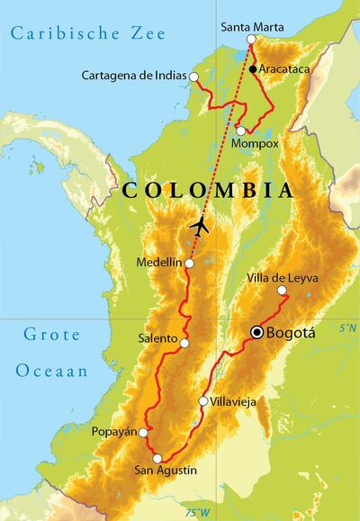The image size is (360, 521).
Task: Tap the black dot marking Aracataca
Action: coord(255,69)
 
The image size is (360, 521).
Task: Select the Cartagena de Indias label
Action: coord(135,75)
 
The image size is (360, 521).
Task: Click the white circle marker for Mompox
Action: coord(240,131)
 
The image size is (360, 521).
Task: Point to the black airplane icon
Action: coord(200,226)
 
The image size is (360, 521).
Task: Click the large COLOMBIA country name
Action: coord(207,191)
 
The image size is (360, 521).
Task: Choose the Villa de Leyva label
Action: coord(283,278)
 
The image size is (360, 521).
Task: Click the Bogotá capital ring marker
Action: coord(257,332)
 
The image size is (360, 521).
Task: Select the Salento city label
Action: coord(158,339)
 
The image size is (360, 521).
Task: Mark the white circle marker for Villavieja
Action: coord(203,401)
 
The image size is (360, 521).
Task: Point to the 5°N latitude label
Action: coord(347,328)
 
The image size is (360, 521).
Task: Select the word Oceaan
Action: coord(51,370)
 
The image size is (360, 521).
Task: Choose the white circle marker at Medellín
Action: coord(189,263)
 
